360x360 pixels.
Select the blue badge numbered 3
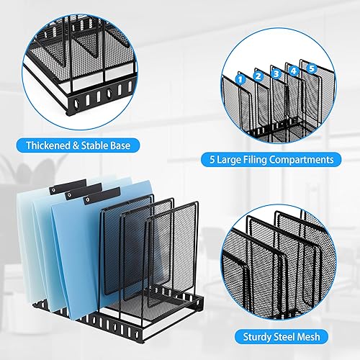pos(276,71)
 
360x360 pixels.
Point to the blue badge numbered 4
pos(294,69)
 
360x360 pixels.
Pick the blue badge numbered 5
pos(311,68)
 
